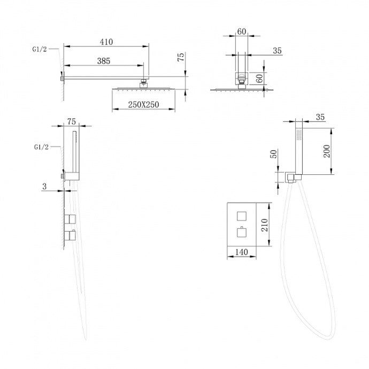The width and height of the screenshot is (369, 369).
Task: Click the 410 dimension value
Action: pyautogui.click(x=106, y=42)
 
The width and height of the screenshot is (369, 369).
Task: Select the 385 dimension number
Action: pyautogui.click(x=104, y=61)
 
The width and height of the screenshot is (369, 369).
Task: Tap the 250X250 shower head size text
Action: pyautogui.click(x=143, y=104)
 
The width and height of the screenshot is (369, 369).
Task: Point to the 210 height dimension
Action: pyautogui.click(x=265, y=225)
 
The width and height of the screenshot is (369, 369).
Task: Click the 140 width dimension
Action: pyautogui.click(x=241, y=252)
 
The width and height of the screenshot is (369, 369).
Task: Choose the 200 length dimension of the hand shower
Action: pyautogui.click(x=327, y=151)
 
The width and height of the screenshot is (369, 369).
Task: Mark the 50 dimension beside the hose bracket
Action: pyautogui.click(x=274, y=154)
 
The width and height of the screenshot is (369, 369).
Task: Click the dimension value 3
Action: pyautogui.click(x=44, y=187)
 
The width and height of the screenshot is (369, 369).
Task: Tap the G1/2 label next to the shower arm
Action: pyautogui.click(x=40, y=49)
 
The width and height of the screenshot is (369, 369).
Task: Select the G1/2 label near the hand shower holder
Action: pyautogui.click(x=41, y=147)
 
